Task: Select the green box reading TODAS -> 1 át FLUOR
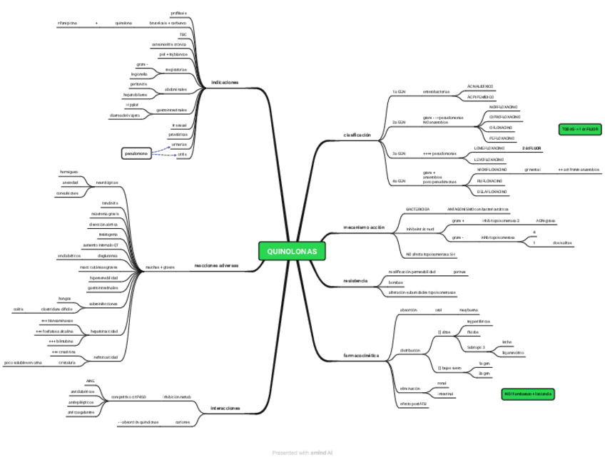click(579, 129)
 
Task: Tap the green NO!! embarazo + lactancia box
click(528, 394)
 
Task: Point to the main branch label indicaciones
click(225, 83)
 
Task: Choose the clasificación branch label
click(357, 135)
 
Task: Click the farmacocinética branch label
click(361, 355)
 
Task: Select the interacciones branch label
click(225, 409)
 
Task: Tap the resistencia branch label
click(355, 281)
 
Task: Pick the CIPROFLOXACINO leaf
click(504, 116)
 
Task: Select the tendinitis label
click(108, 203)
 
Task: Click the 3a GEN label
click(399, 153)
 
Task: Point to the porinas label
click(459, 272)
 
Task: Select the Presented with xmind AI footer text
click(302, 452)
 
